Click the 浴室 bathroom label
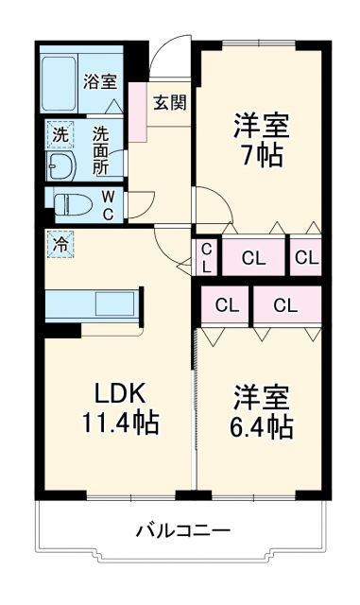97,80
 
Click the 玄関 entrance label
170,102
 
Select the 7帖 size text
261,156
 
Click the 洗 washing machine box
60,135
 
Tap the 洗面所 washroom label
101,148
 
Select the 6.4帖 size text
261,426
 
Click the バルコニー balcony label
182,531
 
